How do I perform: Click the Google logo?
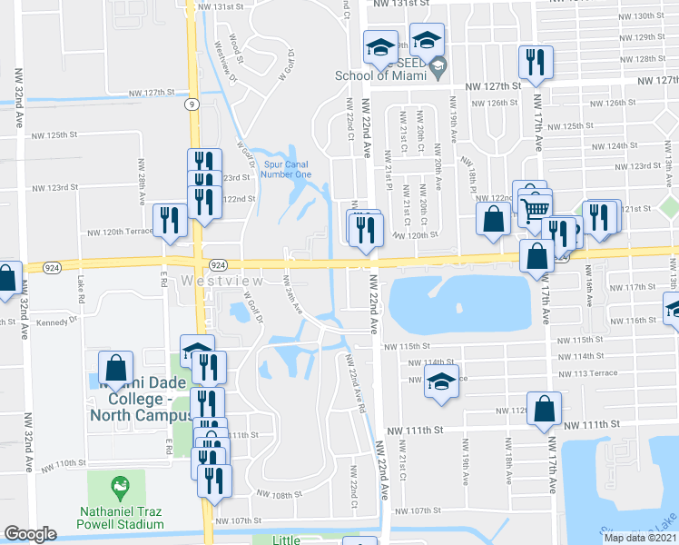(x=31, y=534)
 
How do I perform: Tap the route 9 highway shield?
(x=192, y=104)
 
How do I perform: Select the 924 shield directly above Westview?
(x=218, y=263)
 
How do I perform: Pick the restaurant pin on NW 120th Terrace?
(x=170, y=220)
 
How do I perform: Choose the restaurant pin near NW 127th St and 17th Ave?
(x=534, y=62)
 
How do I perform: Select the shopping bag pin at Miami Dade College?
(x=115, y=368)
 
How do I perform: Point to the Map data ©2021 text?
(x=641, y=538)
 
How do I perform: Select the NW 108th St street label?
(x=278, y=494)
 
